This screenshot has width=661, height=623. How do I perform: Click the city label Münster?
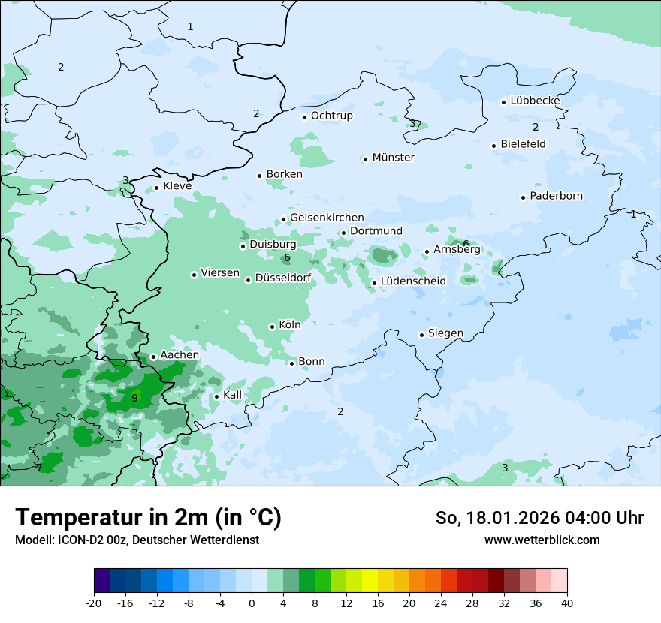[393, 158]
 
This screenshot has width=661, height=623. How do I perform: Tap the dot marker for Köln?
[272, 327]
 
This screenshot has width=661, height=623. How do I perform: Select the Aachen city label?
[180, 355]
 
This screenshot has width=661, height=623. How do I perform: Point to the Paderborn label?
[556, 196]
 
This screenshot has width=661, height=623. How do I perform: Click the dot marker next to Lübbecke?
[504, 102]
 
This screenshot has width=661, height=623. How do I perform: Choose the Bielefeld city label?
[523, 144]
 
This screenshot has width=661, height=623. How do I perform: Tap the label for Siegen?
[445, 333]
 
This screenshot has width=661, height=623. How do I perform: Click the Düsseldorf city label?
[283, 278]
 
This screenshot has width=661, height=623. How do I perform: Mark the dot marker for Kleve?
[157, 188]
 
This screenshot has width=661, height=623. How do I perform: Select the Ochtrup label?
[331, 116]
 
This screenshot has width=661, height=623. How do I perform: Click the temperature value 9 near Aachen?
[134, 398]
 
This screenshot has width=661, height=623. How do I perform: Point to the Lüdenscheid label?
[413, 281]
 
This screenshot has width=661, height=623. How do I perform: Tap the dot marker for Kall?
[216, 396]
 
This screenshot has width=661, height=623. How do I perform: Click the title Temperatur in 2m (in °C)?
[148, 518]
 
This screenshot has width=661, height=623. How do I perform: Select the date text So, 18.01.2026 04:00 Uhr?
[539, 518]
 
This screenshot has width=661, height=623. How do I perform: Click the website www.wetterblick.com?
[542, 540]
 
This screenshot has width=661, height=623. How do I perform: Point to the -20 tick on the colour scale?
[94, 603]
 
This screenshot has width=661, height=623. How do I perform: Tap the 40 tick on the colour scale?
[567, 603]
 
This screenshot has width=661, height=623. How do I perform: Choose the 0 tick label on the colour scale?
[252, 603]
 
